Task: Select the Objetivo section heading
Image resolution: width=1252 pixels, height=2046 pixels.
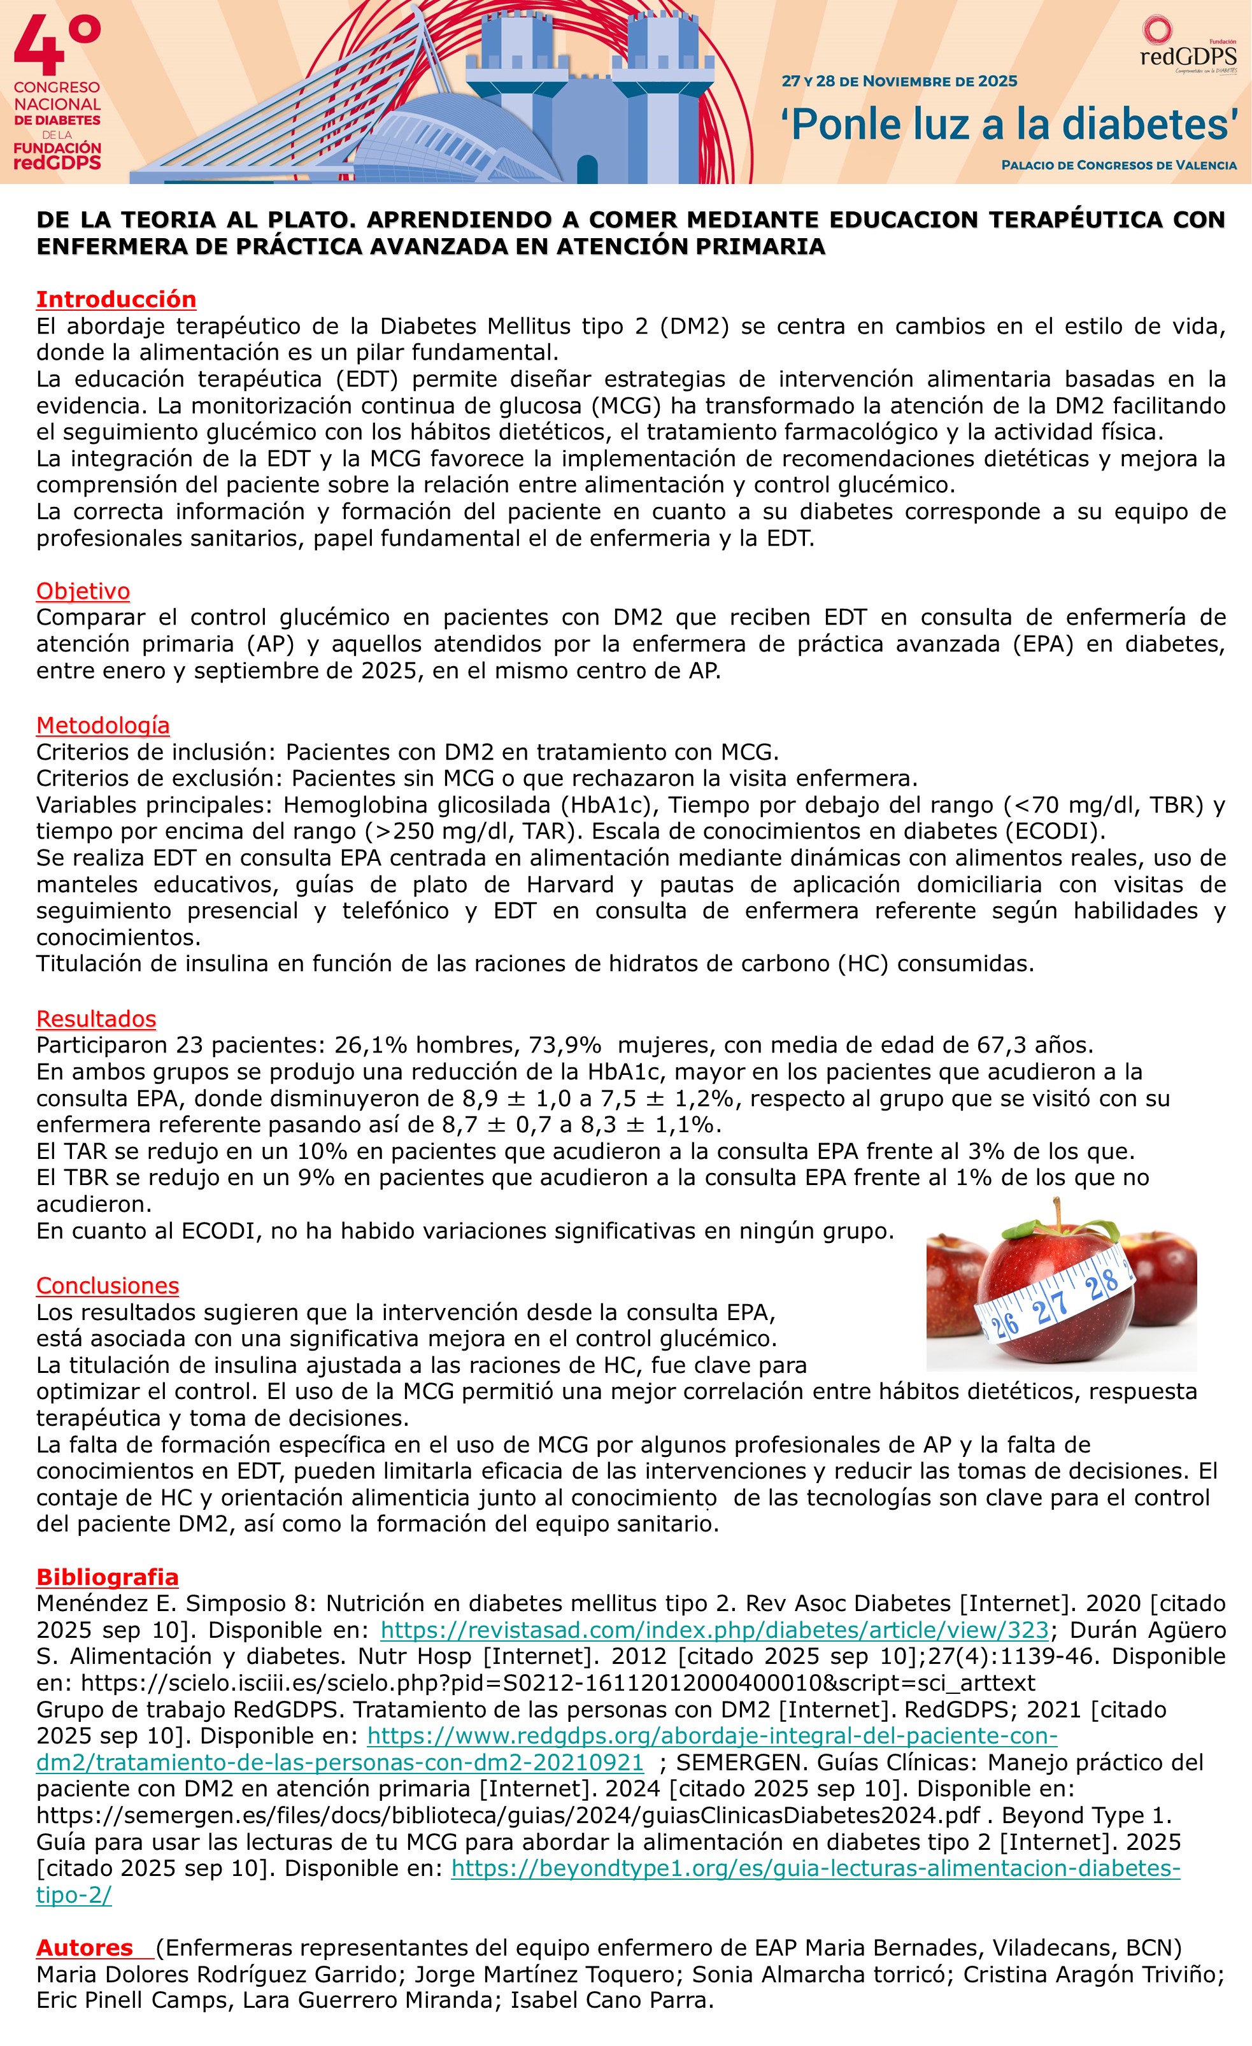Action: [83, 591]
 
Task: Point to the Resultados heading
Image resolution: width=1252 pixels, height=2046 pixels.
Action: [96, 1019]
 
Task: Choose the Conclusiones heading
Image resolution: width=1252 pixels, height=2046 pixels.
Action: [107, 1286]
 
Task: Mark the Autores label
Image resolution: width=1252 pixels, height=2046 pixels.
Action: [85, 1947]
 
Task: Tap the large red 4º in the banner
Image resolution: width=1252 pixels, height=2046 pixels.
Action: [57, 46]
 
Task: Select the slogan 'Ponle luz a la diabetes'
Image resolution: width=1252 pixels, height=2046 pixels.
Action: [1009, 125]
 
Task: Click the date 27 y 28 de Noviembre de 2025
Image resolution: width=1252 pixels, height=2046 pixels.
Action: [899, 82]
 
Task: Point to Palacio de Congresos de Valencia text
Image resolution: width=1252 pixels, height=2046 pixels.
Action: [1118, 165]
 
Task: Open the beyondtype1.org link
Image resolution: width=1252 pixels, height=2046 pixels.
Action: [815, 1868]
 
